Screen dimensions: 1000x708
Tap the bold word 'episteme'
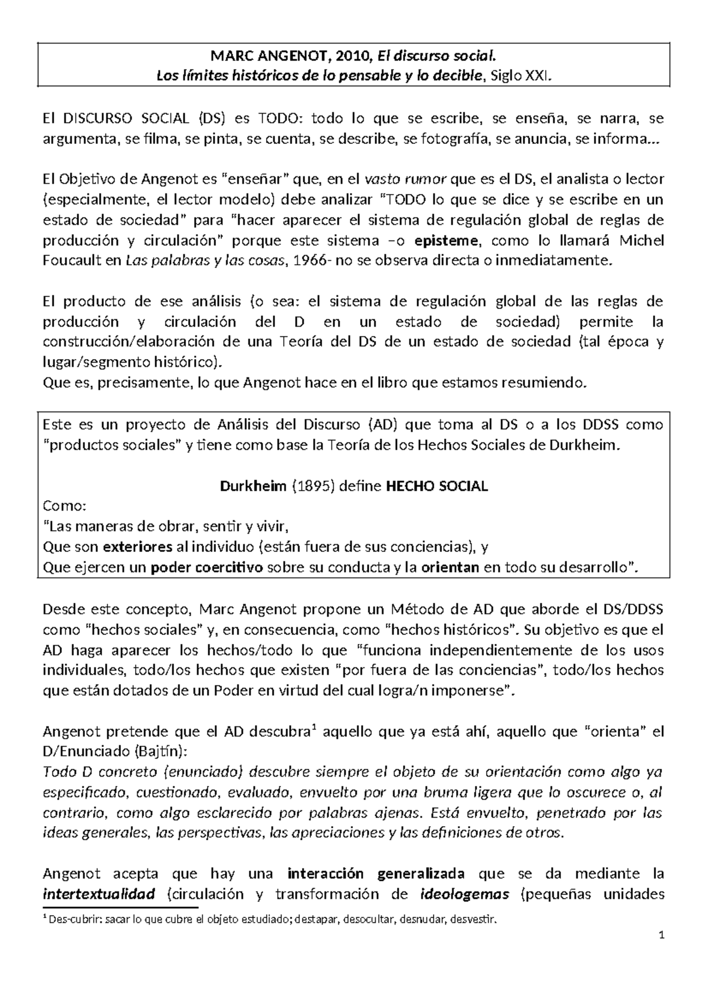point(448,241)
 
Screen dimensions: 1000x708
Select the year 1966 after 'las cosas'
point(311,261)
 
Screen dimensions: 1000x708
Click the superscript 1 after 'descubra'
point(313,728)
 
